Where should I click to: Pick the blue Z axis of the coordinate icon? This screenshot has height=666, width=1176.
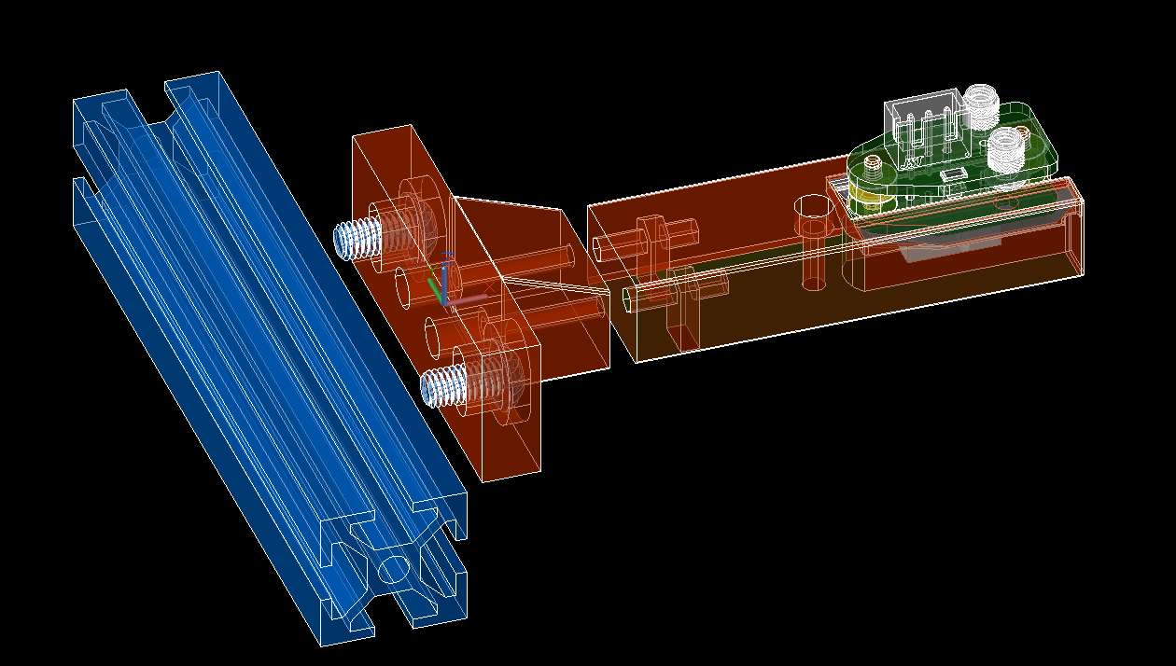(447, 266)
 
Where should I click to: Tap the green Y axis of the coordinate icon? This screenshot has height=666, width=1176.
(434, 285)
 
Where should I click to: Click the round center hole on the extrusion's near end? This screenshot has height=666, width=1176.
(394, 568)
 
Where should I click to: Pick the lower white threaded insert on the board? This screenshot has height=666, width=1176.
(1005, 148)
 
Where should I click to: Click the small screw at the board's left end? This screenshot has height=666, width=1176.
(873, 168)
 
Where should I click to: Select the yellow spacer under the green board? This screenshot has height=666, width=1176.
(864, 199)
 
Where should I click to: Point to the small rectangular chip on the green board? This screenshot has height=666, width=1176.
(951, 174)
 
